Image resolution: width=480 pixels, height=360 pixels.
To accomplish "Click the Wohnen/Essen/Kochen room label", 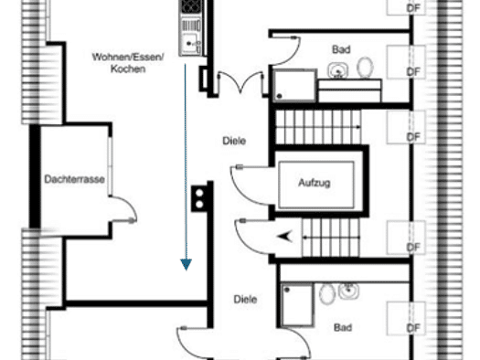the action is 128,63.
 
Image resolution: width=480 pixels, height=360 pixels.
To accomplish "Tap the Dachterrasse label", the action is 74,179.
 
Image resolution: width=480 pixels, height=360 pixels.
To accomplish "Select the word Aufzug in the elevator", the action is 315,183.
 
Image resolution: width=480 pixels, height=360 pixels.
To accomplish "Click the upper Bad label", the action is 341,49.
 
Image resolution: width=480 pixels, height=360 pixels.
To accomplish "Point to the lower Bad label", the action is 343,328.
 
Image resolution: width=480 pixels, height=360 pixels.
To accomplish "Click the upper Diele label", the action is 234,141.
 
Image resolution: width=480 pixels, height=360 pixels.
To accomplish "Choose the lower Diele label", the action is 245,299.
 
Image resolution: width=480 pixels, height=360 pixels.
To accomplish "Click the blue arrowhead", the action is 187,265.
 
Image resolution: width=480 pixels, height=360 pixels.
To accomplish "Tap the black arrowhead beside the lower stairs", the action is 284,237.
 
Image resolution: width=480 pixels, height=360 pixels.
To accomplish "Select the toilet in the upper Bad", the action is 365,67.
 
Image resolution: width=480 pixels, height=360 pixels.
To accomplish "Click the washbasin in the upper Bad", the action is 338,70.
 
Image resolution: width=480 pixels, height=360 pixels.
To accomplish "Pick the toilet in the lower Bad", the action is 327,294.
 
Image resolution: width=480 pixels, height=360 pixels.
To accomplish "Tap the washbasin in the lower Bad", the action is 348,291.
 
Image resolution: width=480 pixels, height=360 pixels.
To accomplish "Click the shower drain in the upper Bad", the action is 279,96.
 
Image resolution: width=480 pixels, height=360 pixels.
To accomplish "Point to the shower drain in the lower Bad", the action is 287,290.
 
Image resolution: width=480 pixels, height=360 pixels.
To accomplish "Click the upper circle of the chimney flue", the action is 199,194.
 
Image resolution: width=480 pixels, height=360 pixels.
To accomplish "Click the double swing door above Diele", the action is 240,82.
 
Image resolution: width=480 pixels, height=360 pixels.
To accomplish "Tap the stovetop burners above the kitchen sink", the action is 191,5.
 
